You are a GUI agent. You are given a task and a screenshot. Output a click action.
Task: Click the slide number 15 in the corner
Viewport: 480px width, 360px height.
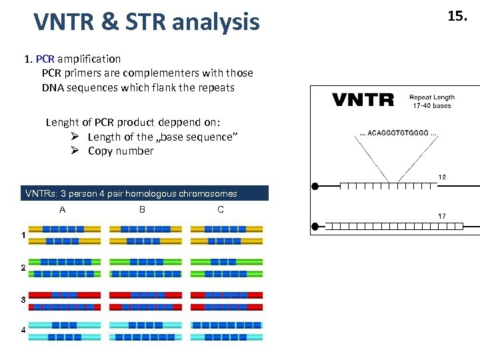[457, 17]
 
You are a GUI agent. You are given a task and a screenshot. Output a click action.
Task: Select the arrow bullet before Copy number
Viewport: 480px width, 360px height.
[75, 151]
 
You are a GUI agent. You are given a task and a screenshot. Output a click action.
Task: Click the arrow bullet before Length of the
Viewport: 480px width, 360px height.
[75, 137]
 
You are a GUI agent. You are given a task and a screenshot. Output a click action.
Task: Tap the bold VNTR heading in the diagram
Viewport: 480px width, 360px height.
[363, 101]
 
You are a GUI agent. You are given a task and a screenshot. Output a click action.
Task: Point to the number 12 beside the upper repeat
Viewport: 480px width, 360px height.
[441, 177]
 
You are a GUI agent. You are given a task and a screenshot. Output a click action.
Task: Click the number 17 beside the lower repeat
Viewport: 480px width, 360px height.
[441, 217]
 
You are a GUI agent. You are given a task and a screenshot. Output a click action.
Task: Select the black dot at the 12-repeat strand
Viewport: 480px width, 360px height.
[316, 186]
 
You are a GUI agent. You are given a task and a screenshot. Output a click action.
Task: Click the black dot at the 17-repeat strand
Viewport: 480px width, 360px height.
[316, 227]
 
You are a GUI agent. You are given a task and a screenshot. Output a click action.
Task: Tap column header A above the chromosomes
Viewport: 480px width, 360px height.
[62, 209]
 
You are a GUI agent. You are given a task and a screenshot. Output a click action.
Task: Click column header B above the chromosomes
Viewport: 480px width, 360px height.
[142, 209]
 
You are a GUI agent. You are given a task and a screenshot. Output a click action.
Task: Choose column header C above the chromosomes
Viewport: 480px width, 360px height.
[221, 209]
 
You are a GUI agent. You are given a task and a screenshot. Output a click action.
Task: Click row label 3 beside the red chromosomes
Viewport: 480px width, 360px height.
[23, 300]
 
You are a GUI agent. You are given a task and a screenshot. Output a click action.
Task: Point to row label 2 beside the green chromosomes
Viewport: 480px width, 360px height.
[23, 267]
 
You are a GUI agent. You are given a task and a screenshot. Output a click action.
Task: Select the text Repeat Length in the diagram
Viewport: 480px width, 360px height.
[431, 97]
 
